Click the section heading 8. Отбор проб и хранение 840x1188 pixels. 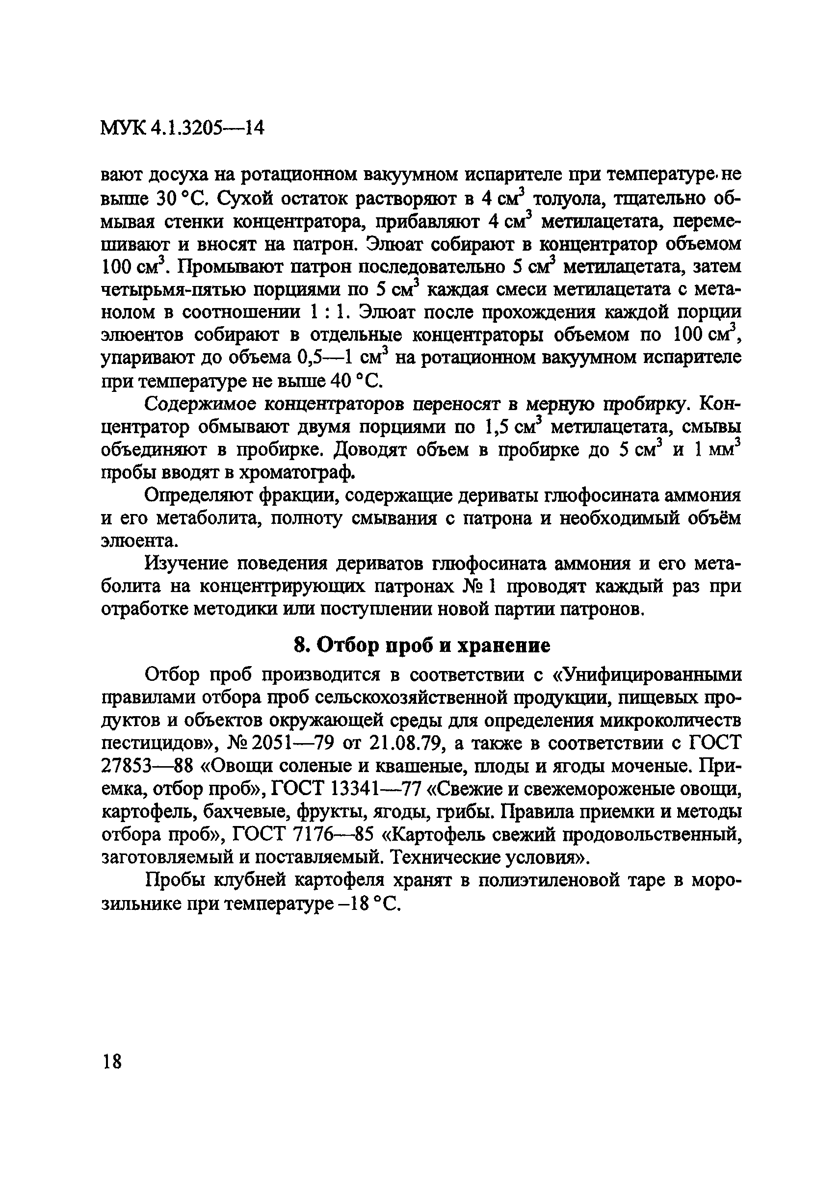click(422, 645)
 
